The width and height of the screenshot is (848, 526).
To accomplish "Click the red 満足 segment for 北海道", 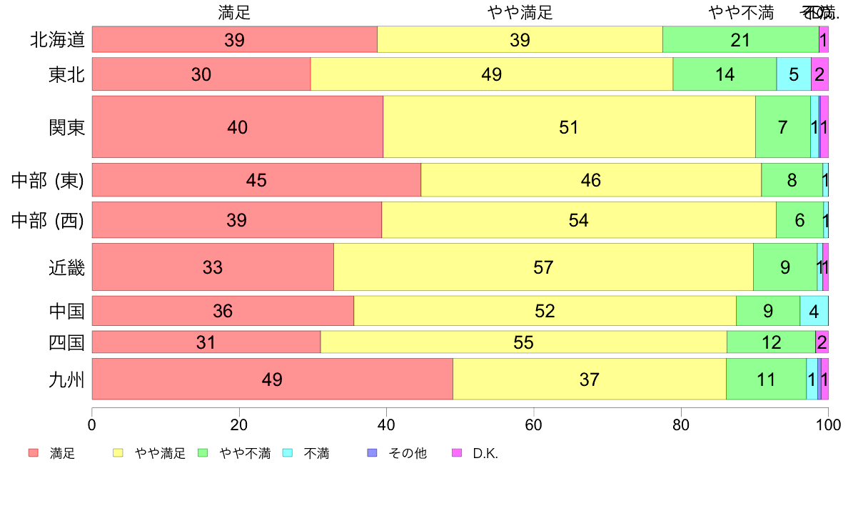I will pos(234,40).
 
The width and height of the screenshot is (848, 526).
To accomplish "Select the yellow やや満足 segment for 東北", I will pos(492,74).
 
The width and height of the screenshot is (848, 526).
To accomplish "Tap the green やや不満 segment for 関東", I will pos(782,127).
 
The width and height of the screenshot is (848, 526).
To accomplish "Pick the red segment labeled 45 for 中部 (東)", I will pos(256,180).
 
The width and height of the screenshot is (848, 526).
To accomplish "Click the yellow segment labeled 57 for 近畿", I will pos(543,267).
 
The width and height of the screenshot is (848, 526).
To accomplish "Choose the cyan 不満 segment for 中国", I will pos(814,312).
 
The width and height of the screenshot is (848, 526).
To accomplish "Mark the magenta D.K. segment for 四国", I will pos(822,342).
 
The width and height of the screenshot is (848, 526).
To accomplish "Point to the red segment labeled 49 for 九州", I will pos(272,379).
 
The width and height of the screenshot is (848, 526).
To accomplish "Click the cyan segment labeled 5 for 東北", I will pos(794,74).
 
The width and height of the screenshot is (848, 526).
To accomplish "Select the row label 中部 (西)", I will pos(48,220).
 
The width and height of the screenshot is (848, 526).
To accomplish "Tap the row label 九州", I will pos(66,379).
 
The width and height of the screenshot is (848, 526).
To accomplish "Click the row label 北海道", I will pos(57,40).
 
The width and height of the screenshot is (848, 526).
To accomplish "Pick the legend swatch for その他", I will pos(371,453).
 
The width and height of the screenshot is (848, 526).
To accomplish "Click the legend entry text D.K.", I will pos(485,453).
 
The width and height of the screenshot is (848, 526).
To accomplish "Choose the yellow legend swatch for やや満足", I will pos(118,453).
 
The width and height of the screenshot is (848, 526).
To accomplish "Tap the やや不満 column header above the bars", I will pos(741,12).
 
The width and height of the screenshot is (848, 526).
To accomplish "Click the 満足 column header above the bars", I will pos(234,12).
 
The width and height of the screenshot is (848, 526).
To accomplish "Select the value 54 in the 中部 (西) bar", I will pos(578,220).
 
